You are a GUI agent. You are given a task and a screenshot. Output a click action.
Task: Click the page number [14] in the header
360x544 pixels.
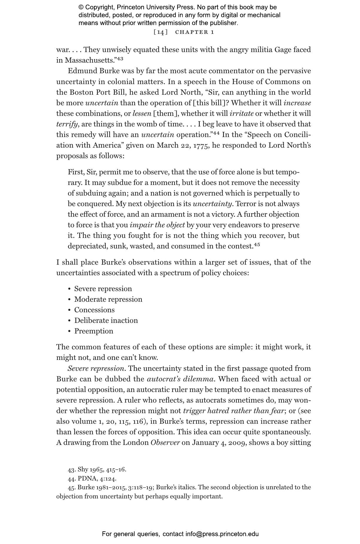pos(160,32)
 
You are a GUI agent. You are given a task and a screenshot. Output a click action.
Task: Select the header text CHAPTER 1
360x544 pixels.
pos(195,32)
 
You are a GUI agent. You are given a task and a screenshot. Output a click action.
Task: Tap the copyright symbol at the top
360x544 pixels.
pos(81,7)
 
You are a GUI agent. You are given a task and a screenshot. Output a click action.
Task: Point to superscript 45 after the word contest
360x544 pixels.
pos(257,245)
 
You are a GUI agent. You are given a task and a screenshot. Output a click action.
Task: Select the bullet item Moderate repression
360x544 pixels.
pos(108,299)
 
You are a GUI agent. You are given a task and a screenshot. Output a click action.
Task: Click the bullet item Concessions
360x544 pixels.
pos(94,310)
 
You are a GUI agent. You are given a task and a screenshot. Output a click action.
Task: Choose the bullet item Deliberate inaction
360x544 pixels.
pos(106,321)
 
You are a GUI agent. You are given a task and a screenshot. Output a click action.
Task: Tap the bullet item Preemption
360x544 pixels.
pos(93,331)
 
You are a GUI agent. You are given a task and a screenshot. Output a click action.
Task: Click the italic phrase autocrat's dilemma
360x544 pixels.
pos(180,379)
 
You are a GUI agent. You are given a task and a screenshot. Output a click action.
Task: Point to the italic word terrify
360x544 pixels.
pos(67,124)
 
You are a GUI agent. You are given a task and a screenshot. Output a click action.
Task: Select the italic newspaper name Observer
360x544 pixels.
pos(165,443)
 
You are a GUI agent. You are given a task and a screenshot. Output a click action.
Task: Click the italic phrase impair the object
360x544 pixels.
pos(157,225)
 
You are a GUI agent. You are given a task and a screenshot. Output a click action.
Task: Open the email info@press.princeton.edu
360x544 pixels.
pos(222,534)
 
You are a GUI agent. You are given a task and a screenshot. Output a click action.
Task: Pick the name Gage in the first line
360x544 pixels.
pos(283,50)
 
